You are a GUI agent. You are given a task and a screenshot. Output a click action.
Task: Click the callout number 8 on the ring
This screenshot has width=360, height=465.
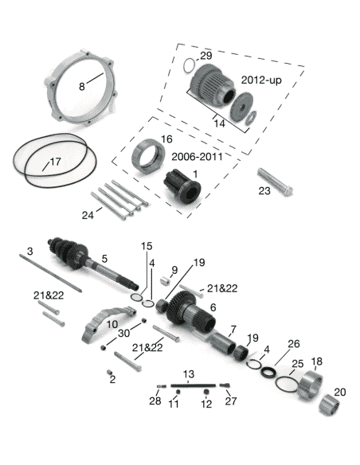pos(81,86)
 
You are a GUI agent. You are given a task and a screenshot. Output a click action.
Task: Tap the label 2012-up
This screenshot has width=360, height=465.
pos(261,80)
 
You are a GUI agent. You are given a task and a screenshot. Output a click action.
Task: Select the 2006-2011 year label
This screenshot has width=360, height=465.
pos(197,156)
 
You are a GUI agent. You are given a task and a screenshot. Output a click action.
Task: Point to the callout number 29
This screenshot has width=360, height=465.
pos(206,56)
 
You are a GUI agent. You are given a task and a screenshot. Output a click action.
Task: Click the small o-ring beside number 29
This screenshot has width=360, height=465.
pos(189,65)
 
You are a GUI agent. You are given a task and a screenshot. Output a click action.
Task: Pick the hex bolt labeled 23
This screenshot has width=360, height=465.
pos(276,182)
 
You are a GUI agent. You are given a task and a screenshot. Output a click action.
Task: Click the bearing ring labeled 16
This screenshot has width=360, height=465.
pos(148,156)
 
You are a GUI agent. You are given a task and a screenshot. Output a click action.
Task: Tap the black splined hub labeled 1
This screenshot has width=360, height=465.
pos(182,186)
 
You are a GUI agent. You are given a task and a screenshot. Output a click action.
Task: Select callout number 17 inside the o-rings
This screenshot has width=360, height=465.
pos(55,162)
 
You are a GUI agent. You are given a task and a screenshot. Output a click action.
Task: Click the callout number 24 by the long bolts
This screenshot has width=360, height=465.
pos(88,215)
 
